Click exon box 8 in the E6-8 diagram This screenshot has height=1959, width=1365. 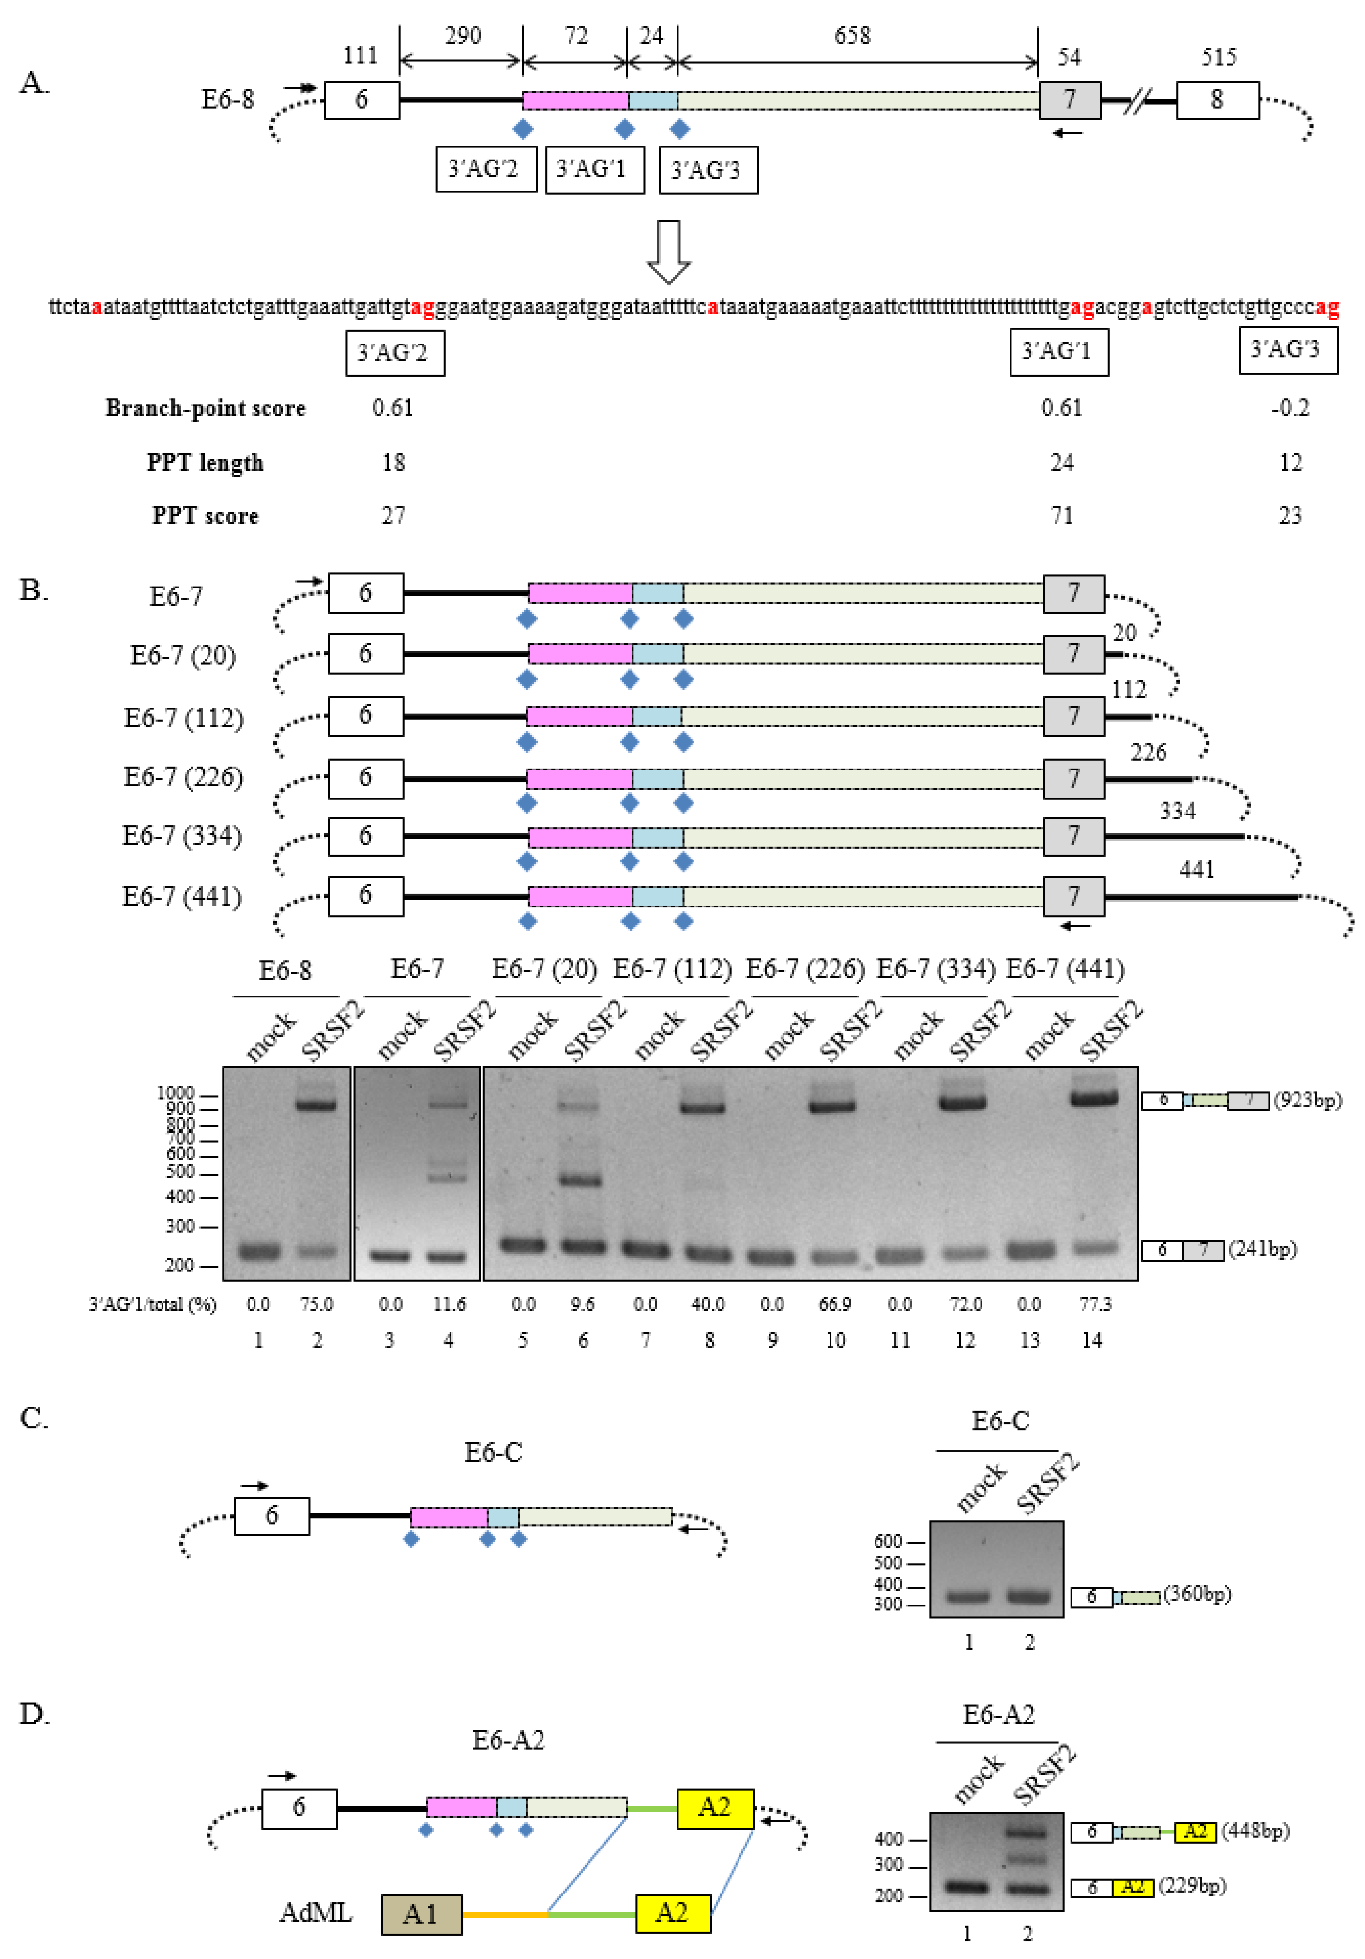coord(1217,100)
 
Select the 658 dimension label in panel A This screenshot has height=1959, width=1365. coord(852,36)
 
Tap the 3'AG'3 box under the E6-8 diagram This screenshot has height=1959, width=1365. coord(708,170)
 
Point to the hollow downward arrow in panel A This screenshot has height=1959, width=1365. coord(668,252)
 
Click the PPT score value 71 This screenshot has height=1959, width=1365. coord(1061,515)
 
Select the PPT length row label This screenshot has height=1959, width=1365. coord(205,462)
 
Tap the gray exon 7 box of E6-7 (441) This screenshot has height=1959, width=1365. coord(1073,896)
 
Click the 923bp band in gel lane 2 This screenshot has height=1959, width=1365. coord(316,1105)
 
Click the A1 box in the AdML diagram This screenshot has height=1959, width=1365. coord(421,1914)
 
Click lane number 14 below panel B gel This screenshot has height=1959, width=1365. coord(1092,1340)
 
